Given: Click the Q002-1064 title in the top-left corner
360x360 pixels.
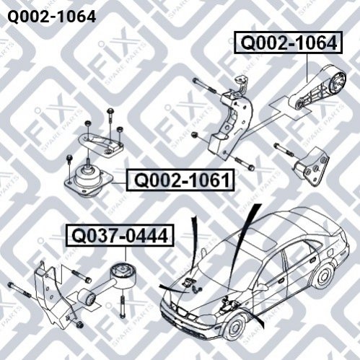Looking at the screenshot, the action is point(52,17).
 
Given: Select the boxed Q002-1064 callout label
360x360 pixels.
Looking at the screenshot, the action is point(289,43).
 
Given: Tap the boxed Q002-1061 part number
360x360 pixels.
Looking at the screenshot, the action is point(180,180).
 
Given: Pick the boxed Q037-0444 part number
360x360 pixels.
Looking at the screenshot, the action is point(120,235).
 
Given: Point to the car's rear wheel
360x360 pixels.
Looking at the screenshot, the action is point(323,276).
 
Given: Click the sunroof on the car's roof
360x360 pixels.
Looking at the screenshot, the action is point(260,240).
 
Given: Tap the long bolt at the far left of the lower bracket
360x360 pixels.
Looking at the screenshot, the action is point(19,290).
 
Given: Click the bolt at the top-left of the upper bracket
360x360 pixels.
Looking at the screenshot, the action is point(205,86).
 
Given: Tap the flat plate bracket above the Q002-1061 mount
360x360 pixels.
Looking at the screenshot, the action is point(101,145).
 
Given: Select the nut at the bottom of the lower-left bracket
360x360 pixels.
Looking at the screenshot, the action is point(79,325).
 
